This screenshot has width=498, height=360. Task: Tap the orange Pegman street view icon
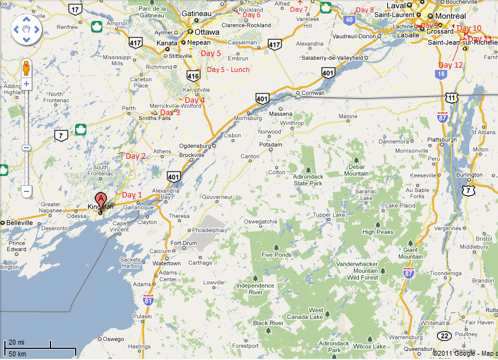[26, 67]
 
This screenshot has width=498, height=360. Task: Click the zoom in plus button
[26, 83]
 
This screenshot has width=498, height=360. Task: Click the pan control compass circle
[26, 28]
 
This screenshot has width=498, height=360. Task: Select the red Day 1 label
[132, 195]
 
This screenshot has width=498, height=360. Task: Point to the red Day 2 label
[135, 156]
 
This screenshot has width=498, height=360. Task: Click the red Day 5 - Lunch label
[228, 70]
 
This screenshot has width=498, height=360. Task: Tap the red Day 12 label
[451, 65]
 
